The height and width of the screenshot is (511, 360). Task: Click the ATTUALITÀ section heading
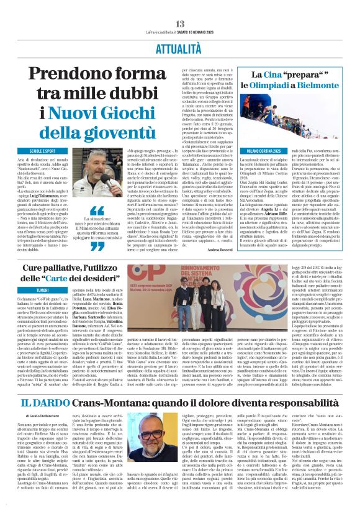[x=180, y=48]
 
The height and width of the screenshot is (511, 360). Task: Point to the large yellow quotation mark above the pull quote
[x=96, y=212]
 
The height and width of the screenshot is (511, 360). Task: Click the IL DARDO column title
[x=41, y=404]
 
